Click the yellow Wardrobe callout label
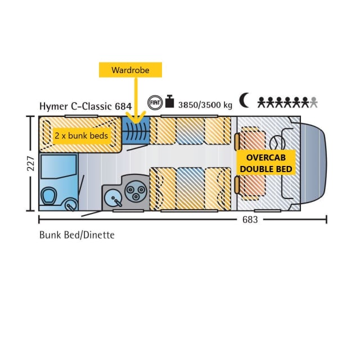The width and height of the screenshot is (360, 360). coord(130,70)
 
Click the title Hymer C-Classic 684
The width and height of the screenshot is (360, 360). coord(85,106)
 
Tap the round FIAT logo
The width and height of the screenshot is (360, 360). coord(155,103)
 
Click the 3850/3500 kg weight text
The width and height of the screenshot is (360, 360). coord(205,105)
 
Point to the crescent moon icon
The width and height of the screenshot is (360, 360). coord(244,101)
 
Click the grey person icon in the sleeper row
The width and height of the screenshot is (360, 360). coord(314,102)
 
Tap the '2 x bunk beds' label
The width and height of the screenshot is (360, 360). coord(81,136)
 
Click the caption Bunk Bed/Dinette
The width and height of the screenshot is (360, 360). coord(76,235)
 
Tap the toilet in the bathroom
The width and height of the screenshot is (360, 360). coord(49,195)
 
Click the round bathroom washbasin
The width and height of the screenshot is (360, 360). coord(70,205)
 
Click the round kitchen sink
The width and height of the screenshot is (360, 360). coord(114,199)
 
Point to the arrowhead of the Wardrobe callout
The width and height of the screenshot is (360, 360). coord(135,120)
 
